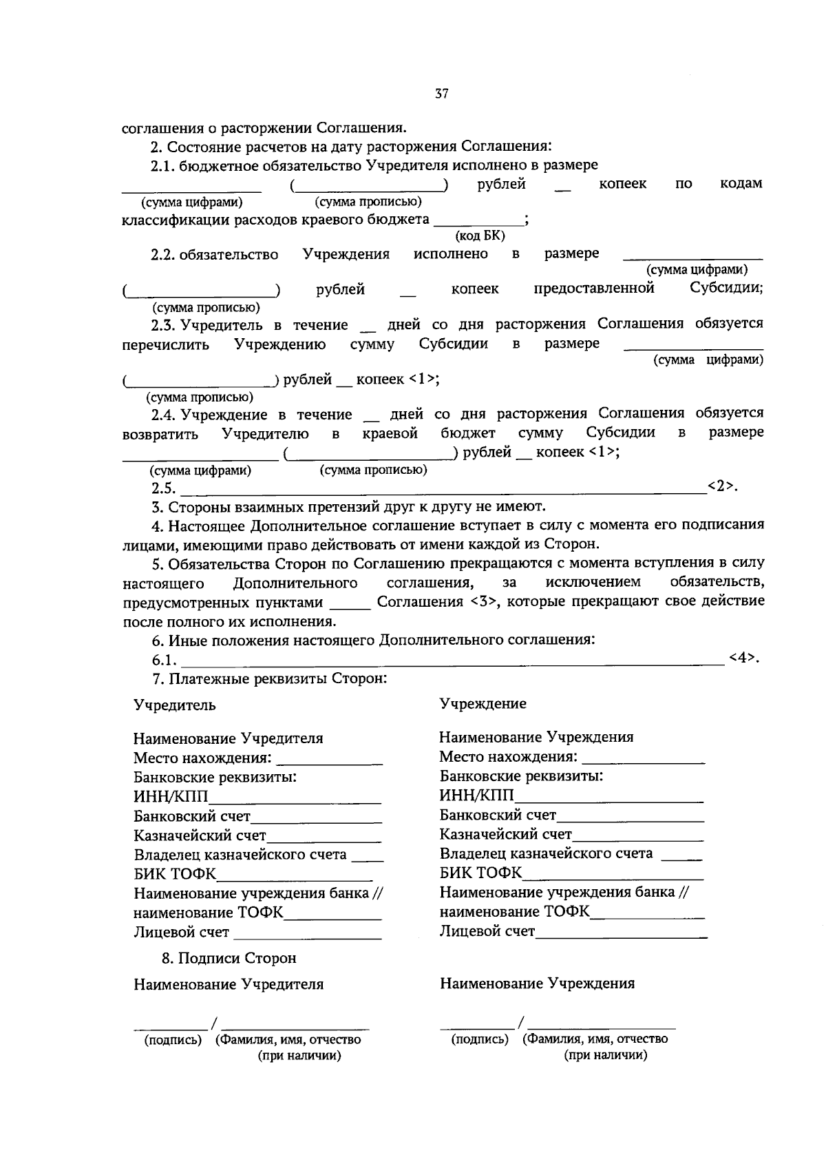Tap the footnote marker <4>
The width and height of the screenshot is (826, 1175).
(x=743, y=658)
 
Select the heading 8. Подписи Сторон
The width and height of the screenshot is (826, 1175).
(x=229, y=958)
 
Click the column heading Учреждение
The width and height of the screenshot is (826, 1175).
(x=483, y=704)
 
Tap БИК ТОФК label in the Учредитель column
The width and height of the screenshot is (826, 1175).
(x=175, y=875)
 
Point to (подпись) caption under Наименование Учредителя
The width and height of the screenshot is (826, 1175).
(x=173, y=1040)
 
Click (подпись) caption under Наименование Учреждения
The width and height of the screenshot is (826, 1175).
(x=480, y=1039)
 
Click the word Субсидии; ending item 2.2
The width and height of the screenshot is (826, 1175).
(x=726, y=289)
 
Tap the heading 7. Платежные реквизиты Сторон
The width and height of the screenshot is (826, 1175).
(x=269, y=679)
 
